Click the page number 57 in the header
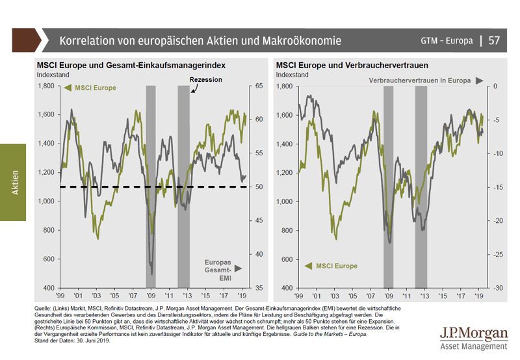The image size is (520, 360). click(x=494, y=40)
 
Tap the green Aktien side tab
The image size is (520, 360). click(x=13, y=183)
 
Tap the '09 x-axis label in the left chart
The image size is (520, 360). click(x=151, y=294)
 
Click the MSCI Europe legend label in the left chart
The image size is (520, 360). click(x=95, y=87)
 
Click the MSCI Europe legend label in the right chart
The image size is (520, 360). click(x=337, y=266)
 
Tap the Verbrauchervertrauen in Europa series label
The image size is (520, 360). click(x=421, y=81)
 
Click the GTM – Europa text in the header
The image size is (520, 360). click(x=445, y=41)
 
